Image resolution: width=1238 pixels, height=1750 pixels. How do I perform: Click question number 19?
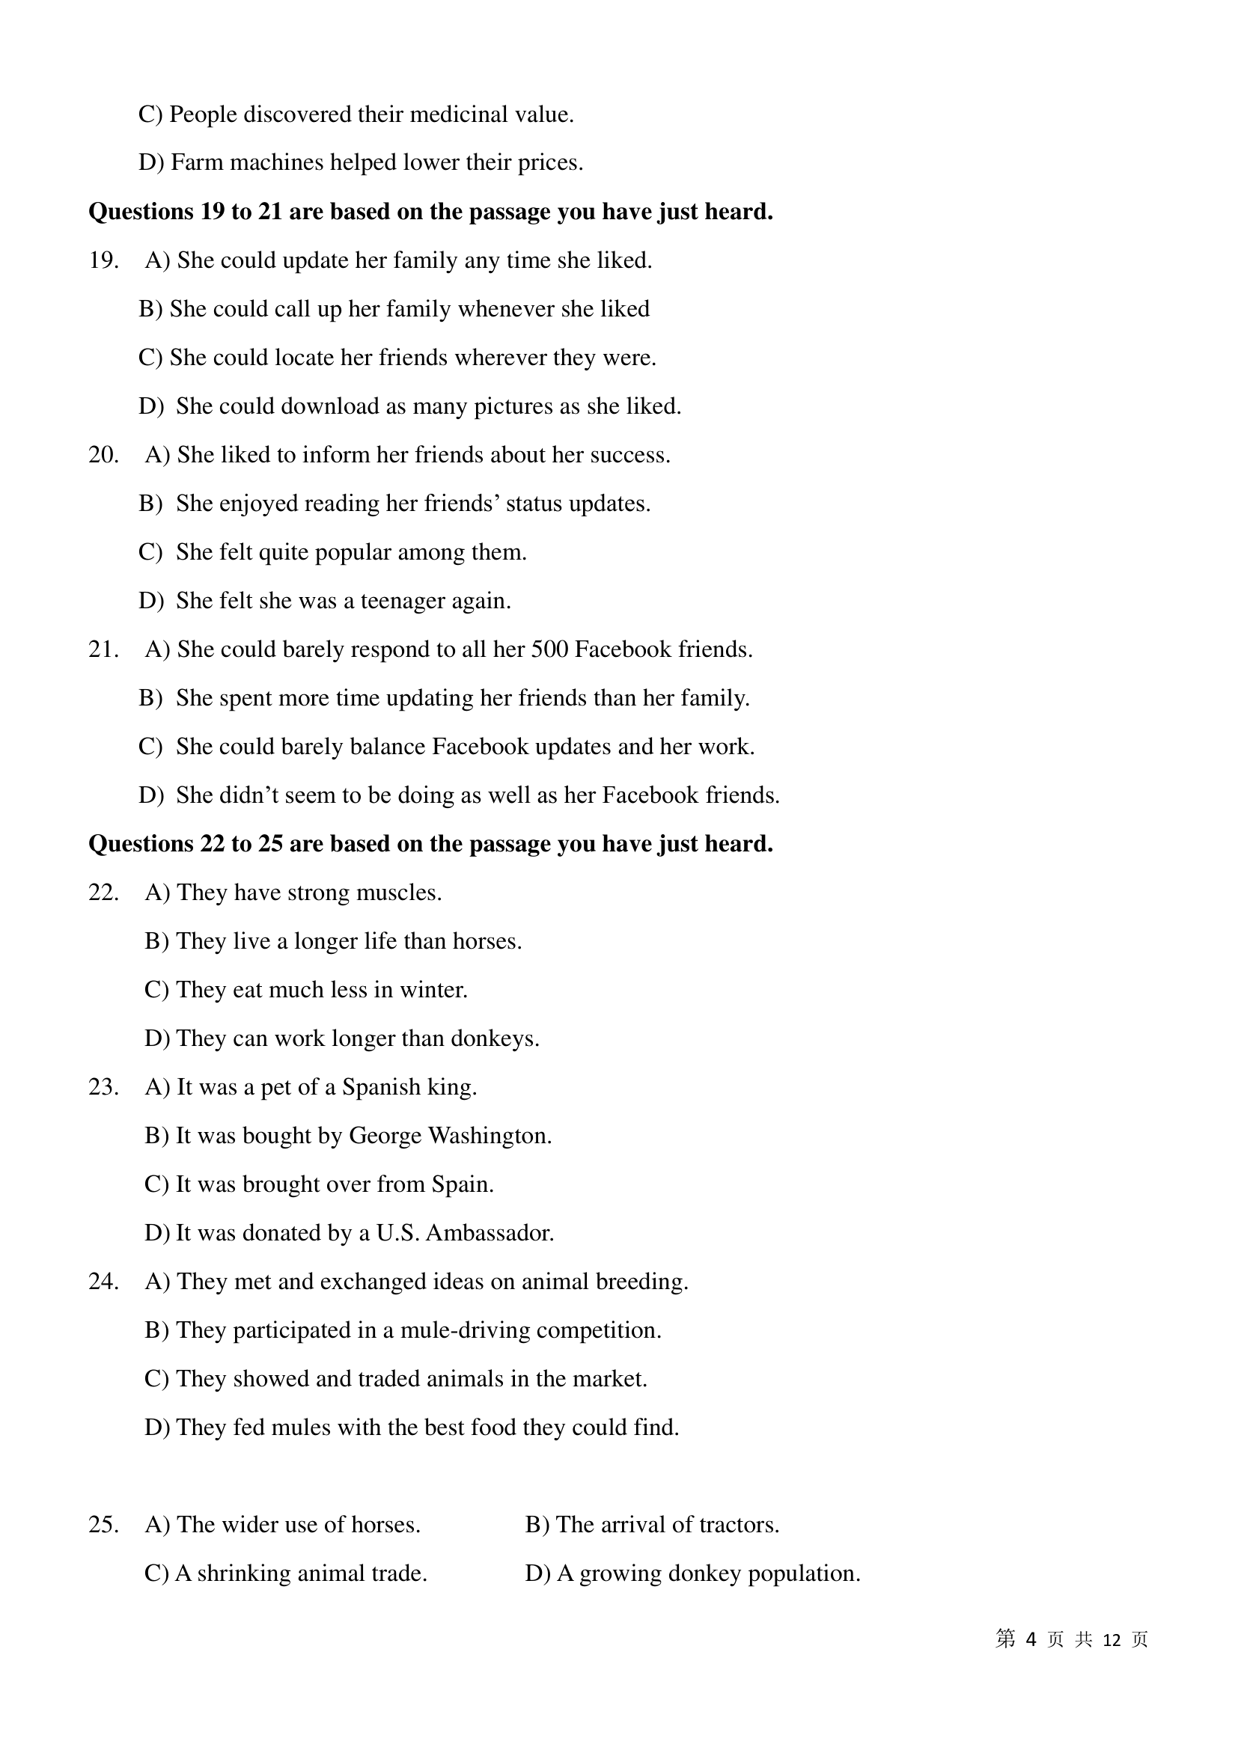104,260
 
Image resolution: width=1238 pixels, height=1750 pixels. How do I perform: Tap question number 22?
104,893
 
